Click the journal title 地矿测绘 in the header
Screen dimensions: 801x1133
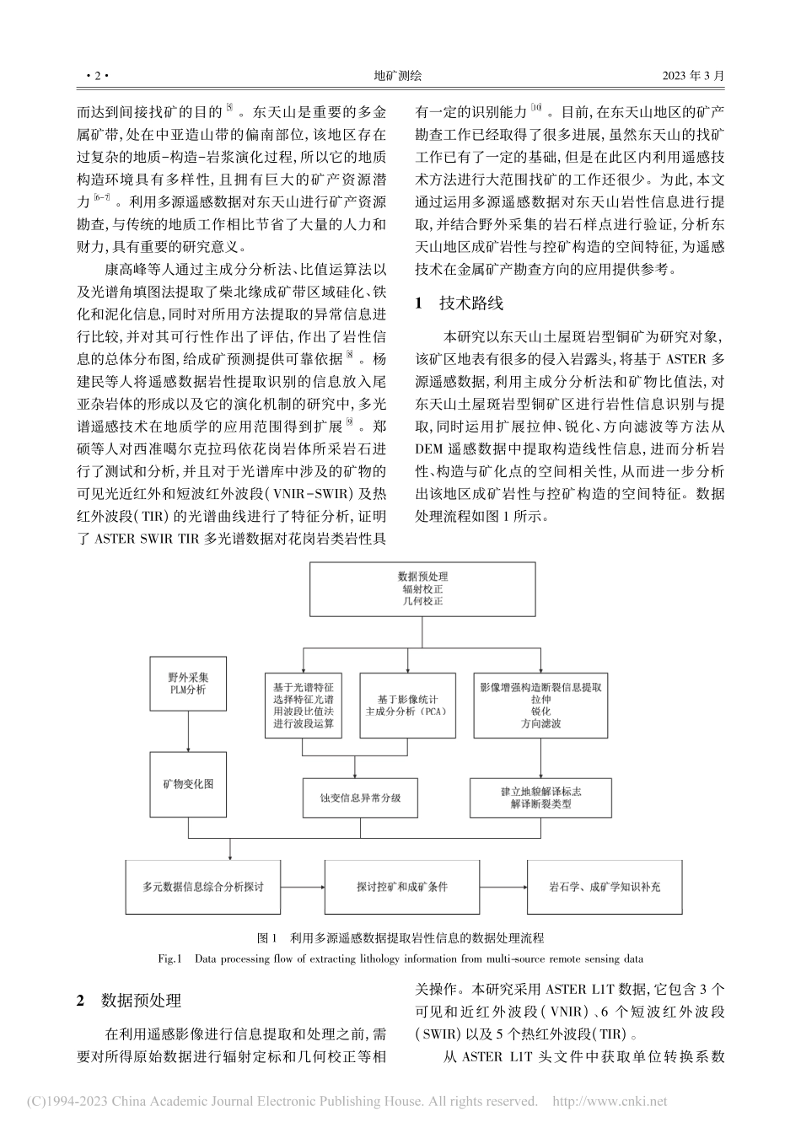coord(398,76)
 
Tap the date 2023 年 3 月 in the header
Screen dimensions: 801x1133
coord(694,76)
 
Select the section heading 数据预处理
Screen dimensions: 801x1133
coord(141,1001)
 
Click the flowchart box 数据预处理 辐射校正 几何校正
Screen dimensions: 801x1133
coord(422,589)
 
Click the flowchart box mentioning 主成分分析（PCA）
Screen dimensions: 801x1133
coord(406,705)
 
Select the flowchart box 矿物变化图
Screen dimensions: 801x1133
coord(188,784)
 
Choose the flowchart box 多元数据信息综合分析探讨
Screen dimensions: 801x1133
coord(202,887)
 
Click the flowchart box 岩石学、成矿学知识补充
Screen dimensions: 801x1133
coord(605,887)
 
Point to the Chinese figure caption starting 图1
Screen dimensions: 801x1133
coord(400,937)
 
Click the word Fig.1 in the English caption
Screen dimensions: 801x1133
coord(171,958)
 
